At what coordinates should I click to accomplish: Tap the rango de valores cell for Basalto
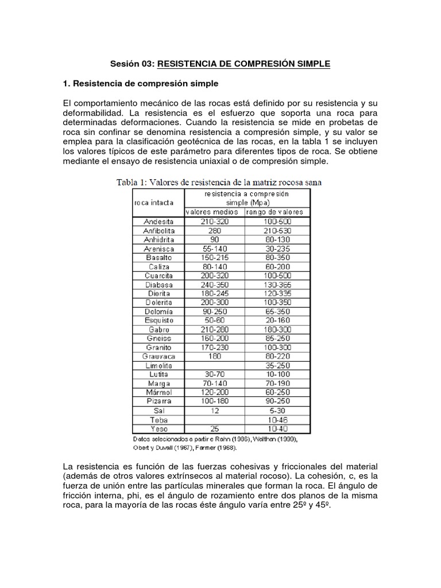(x=277, y=258)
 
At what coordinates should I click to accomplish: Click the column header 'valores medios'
(x=214, y=212)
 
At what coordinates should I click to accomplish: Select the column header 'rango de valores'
(x=277, y=212)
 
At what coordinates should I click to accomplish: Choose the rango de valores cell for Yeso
(x=277, y=428)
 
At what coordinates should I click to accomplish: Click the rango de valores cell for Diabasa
(x=277, y=285)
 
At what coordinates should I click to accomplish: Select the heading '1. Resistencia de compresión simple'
(x=141, y=84)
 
